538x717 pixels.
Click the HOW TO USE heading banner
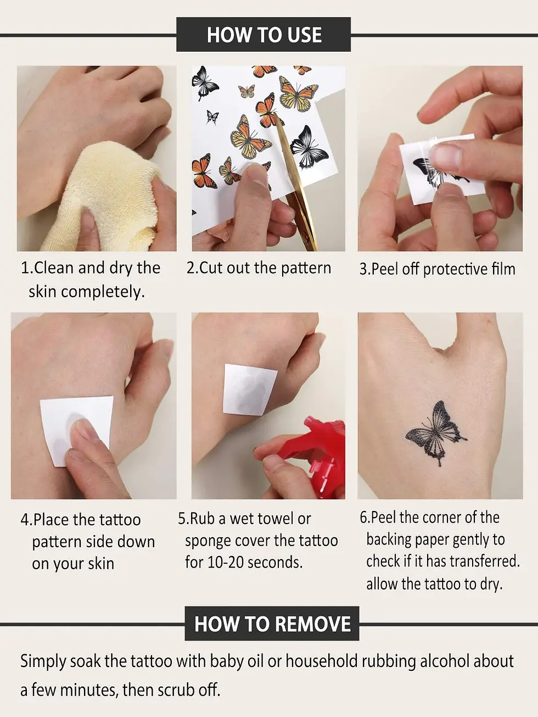[x=264, y=35]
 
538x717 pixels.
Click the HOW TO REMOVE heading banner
[x=272, y=624]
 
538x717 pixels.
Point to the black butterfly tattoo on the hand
[x=435, y=433]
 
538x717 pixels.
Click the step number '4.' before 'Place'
[x=26, y=520]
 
